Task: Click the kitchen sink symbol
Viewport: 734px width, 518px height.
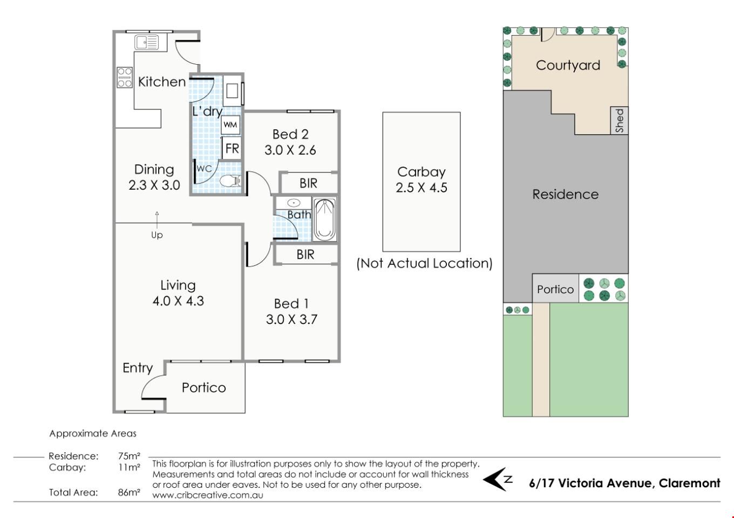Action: pos(146,42)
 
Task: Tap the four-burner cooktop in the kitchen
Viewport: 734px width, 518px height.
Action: pos(125,77)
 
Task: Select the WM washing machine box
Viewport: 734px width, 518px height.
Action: pos(230,125)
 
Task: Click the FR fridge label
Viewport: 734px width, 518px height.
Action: pos(232,149)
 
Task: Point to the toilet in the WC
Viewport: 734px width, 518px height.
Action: pos(230,181)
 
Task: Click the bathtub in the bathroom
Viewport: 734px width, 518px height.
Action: pos(325,219)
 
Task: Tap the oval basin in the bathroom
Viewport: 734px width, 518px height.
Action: pos(294,203)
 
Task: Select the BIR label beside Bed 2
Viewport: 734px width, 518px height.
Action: pos(308,183)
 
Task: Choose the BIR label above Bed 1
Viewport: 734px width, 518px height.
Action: pos(305,254)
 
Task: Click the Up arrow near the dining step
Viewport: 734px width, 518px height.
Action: pos(157,220)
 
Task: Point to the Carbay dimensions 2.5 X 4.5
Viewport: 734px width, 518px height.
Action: pos(422,188)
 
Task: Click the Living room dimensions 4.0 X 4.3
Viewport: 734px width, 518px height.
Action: pos(178,301)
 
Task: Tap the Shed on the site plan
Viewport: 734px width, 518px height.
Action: pos(620,120)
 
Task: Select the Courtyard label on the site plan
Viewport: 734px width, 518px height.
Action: pos(568,65)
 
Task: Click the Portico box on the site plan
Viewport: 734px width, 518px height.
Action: pos(555,288)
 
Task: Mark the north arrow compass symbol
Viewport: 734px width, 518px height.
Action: pos(498,479)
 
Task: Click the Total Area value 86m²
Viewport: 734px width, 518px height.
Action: pos(129,492)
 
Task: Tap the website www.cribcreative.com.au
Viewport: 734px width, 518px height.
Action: pos(208,495)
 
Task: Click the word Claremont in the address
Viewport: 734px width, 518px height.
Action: pos(689,483)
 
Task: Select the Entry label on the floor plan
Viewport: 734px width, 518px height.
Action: pos(138,368)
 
